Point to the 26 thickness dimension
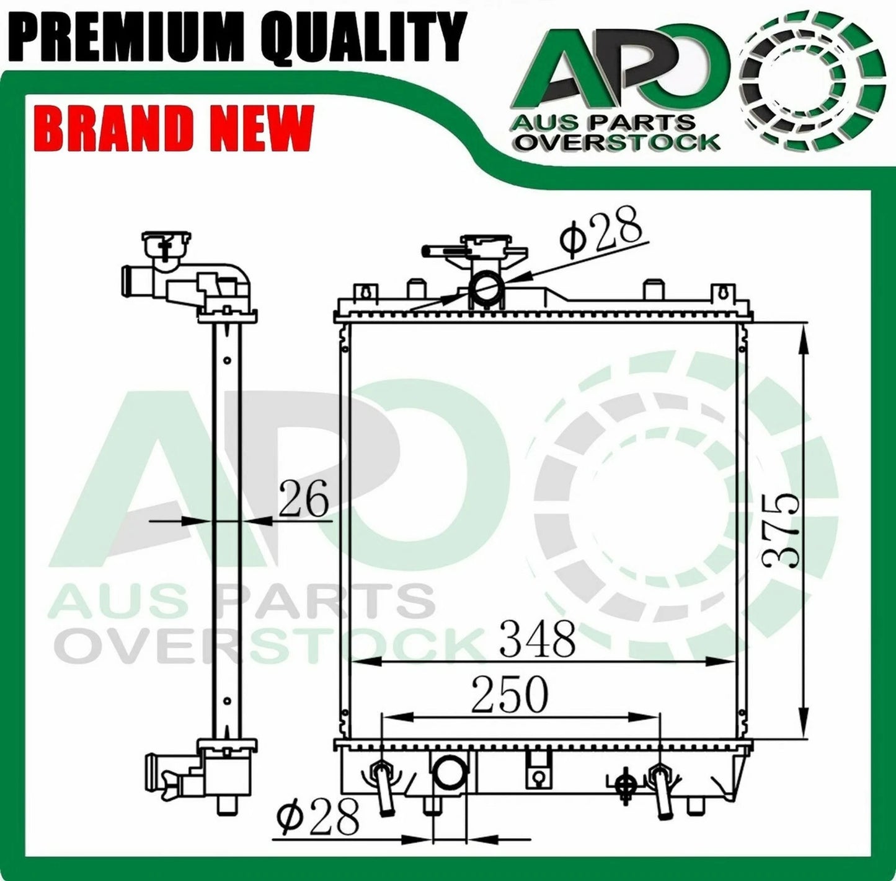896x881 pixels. (304, 499)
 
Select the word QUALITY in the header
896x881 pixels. (363, 36)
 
